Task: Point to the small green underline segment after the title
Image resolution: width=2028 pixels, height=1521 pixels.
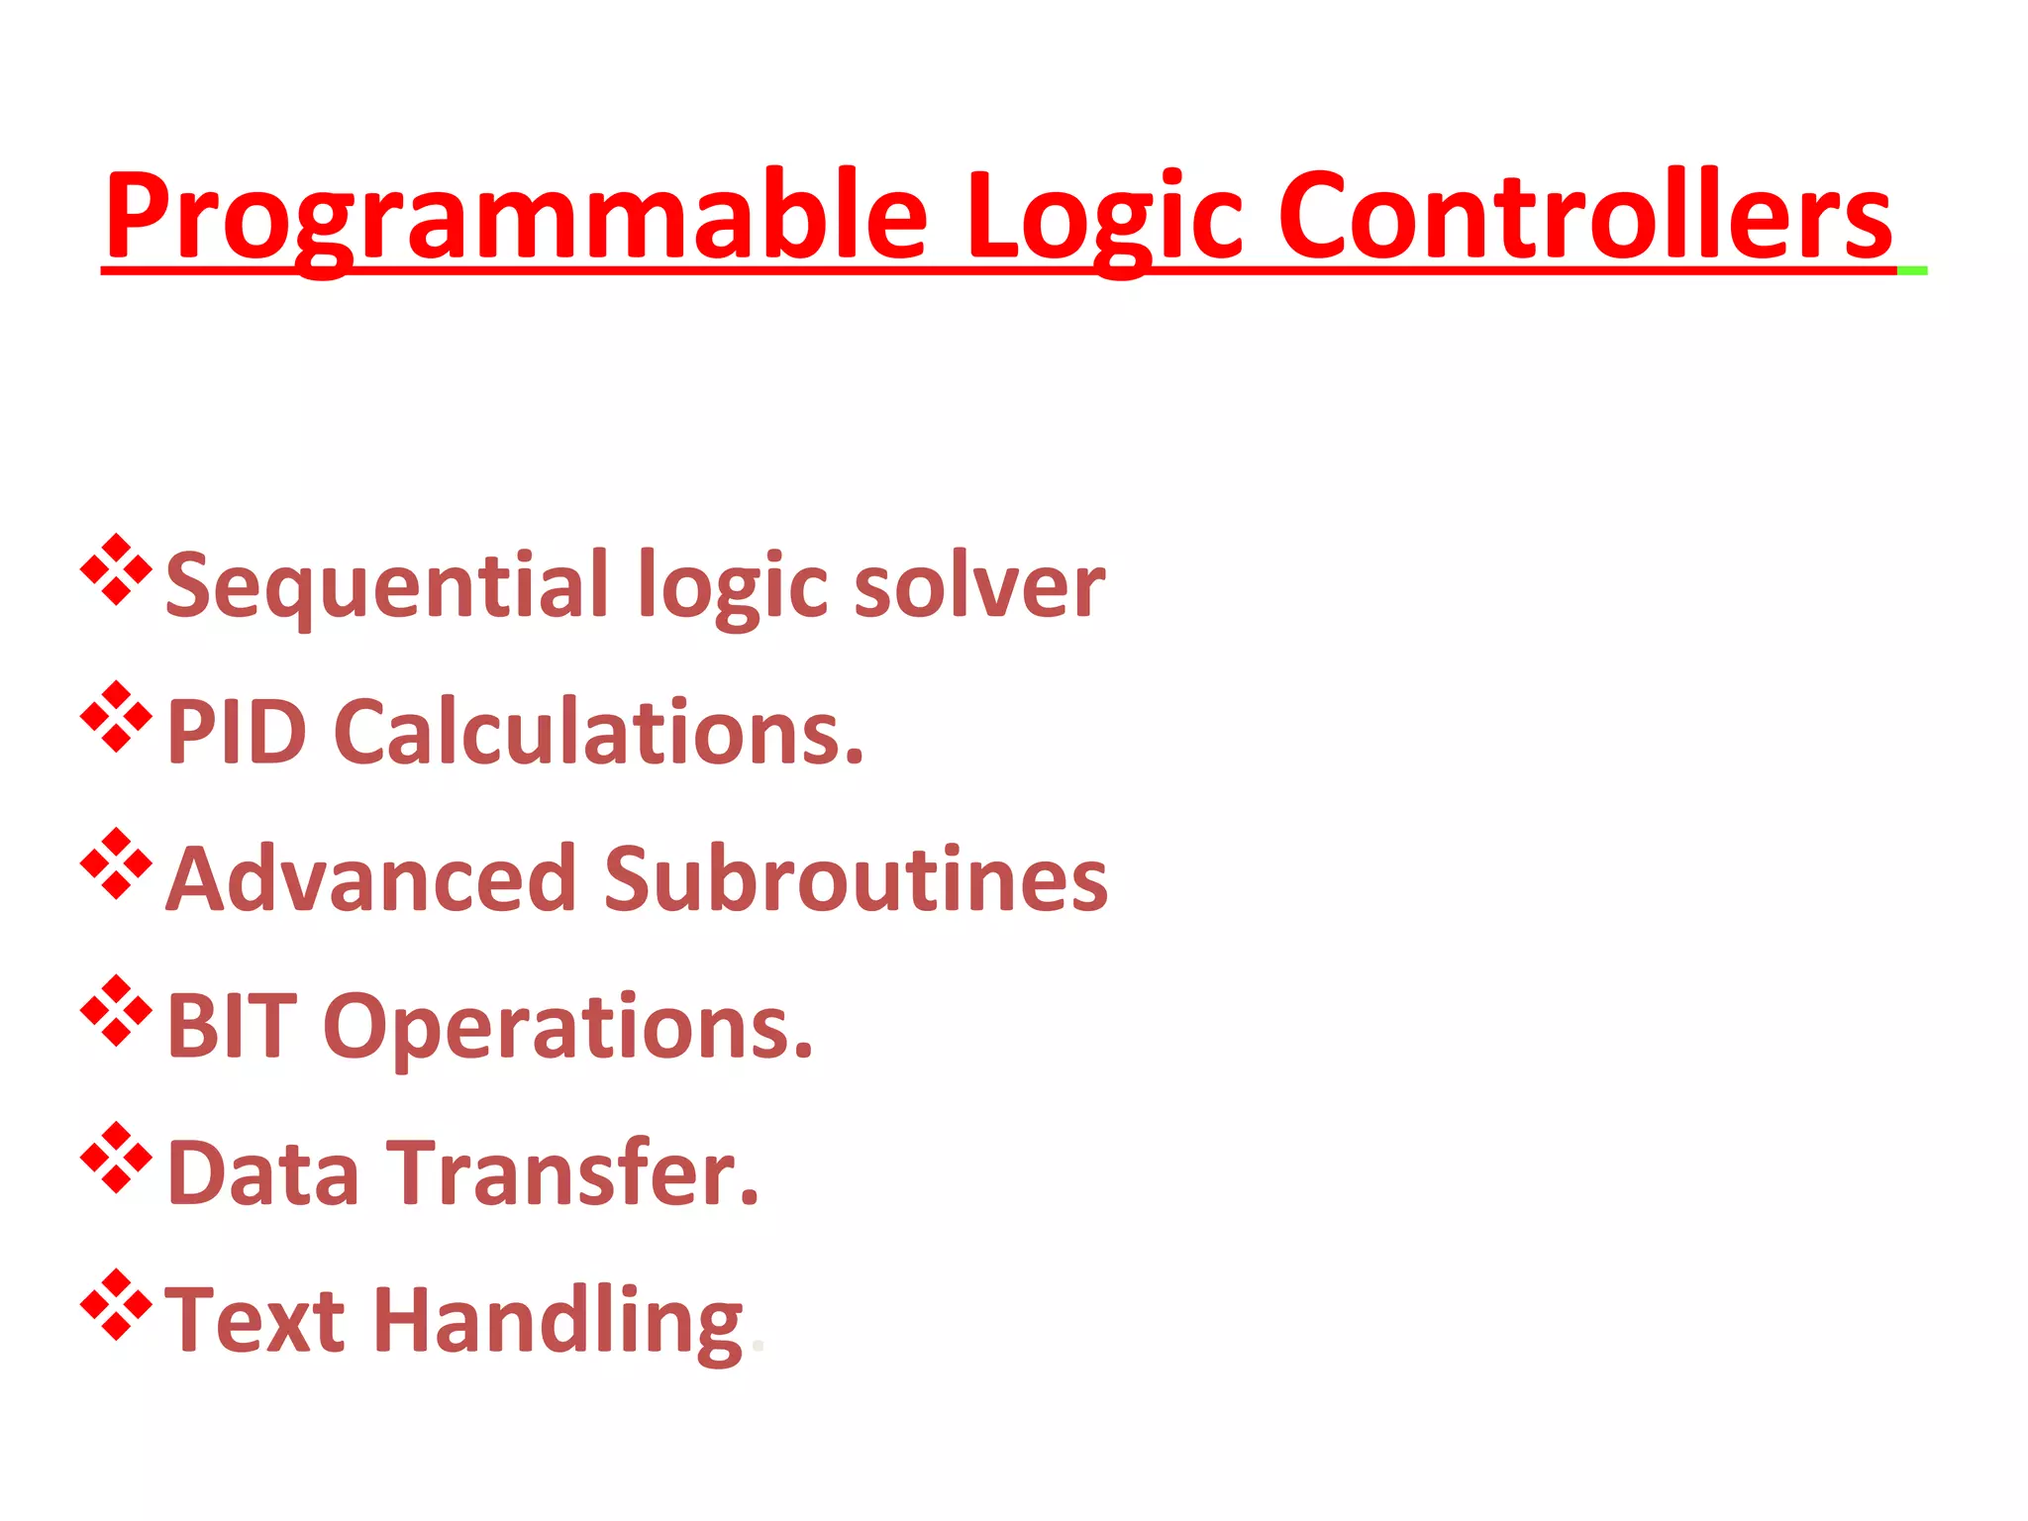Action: (x=1912, y=270)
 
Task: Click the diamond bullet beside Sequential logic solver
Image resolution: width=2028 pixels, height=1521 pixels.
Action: (x=116, y=569)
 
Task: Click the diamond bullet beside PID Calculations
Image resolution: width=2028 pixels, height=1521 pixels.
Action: (x=116, y=716)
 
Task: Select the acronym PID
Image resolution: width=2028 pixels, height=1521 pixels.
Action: (x=236, y=733)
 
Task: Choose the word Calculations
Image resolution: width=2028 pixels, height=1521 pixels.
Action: (x=598, y=733)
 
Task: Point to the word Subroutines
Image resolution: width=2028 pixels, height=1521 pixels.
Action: (x=856, y=879)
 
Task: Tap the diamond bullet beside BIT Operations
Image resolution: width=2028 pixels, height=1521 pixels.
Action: (x=116, y=1010)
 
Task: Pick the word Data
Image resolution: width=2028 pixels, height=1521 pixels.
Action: (x=263, y=1173)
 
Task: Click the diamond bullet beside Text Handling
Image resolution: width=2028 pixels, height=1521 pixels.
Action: (x=116, y=1304)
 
